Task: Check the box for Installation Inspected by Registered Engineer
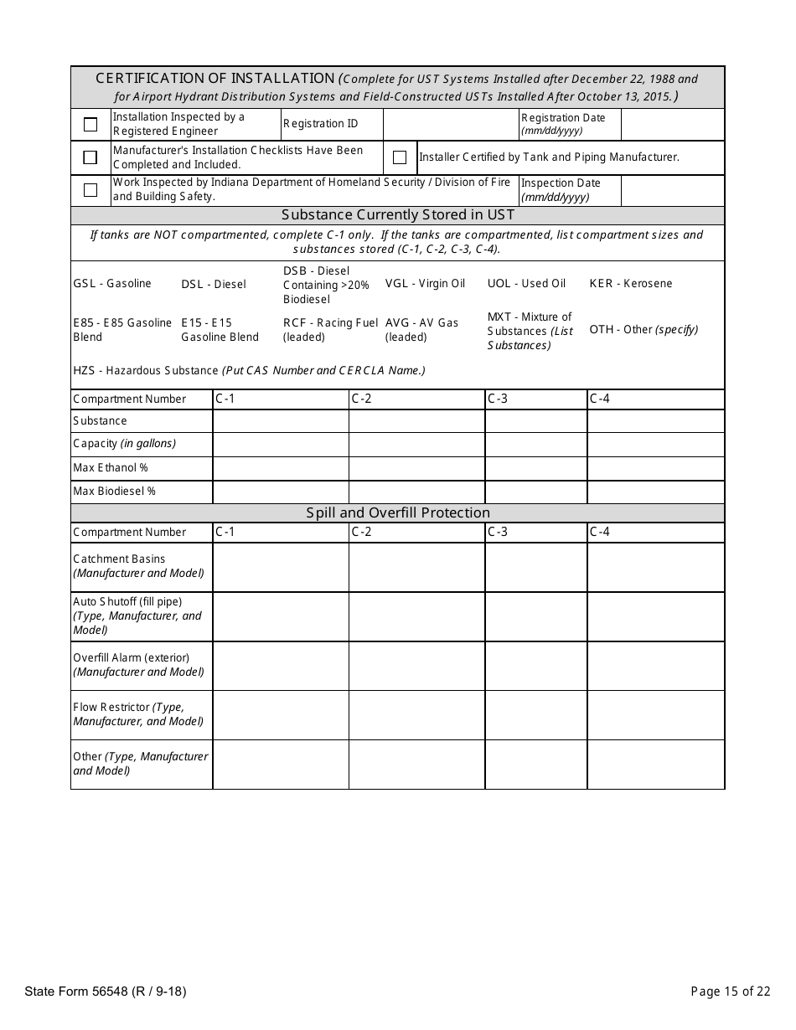click(x=90, y=125)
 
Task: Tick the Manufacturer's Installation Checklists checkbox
click(x=90, y=157)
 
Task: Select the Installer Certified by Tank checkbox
click(x=400, y=157)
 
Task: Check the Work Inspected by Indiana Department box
click(x=90, y=190)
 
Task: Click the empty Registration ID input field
click(x=451, y=125)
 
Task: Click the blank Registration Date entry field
click(x=672, y=125)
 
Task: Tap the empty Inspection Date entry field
click(x=672, y=190)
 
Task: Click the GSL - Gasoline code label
click(x=112, y=284)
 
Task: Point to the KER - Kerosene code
click(x=630, y=284)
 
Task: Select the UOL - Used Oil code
click(x=526, y=284)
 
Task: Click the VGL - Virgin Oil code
click(x=425, y=284)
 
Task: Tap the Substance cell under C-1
click(x=281, y=421)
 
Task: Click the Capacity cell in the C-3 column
click(x=535, y=444)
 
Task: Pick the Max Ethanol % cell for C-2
click(x=416, y=468)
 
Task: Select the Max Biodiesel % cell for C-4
click(x=655, y=492)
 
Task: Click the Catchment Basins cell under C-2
click(x=416, y=567)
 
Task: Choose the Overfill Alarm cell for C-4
click(x=655, y=666)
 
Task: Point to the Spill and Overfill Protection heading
click(x=397, y=512)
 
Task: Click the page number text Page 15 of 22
click(x=730, y=992)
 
